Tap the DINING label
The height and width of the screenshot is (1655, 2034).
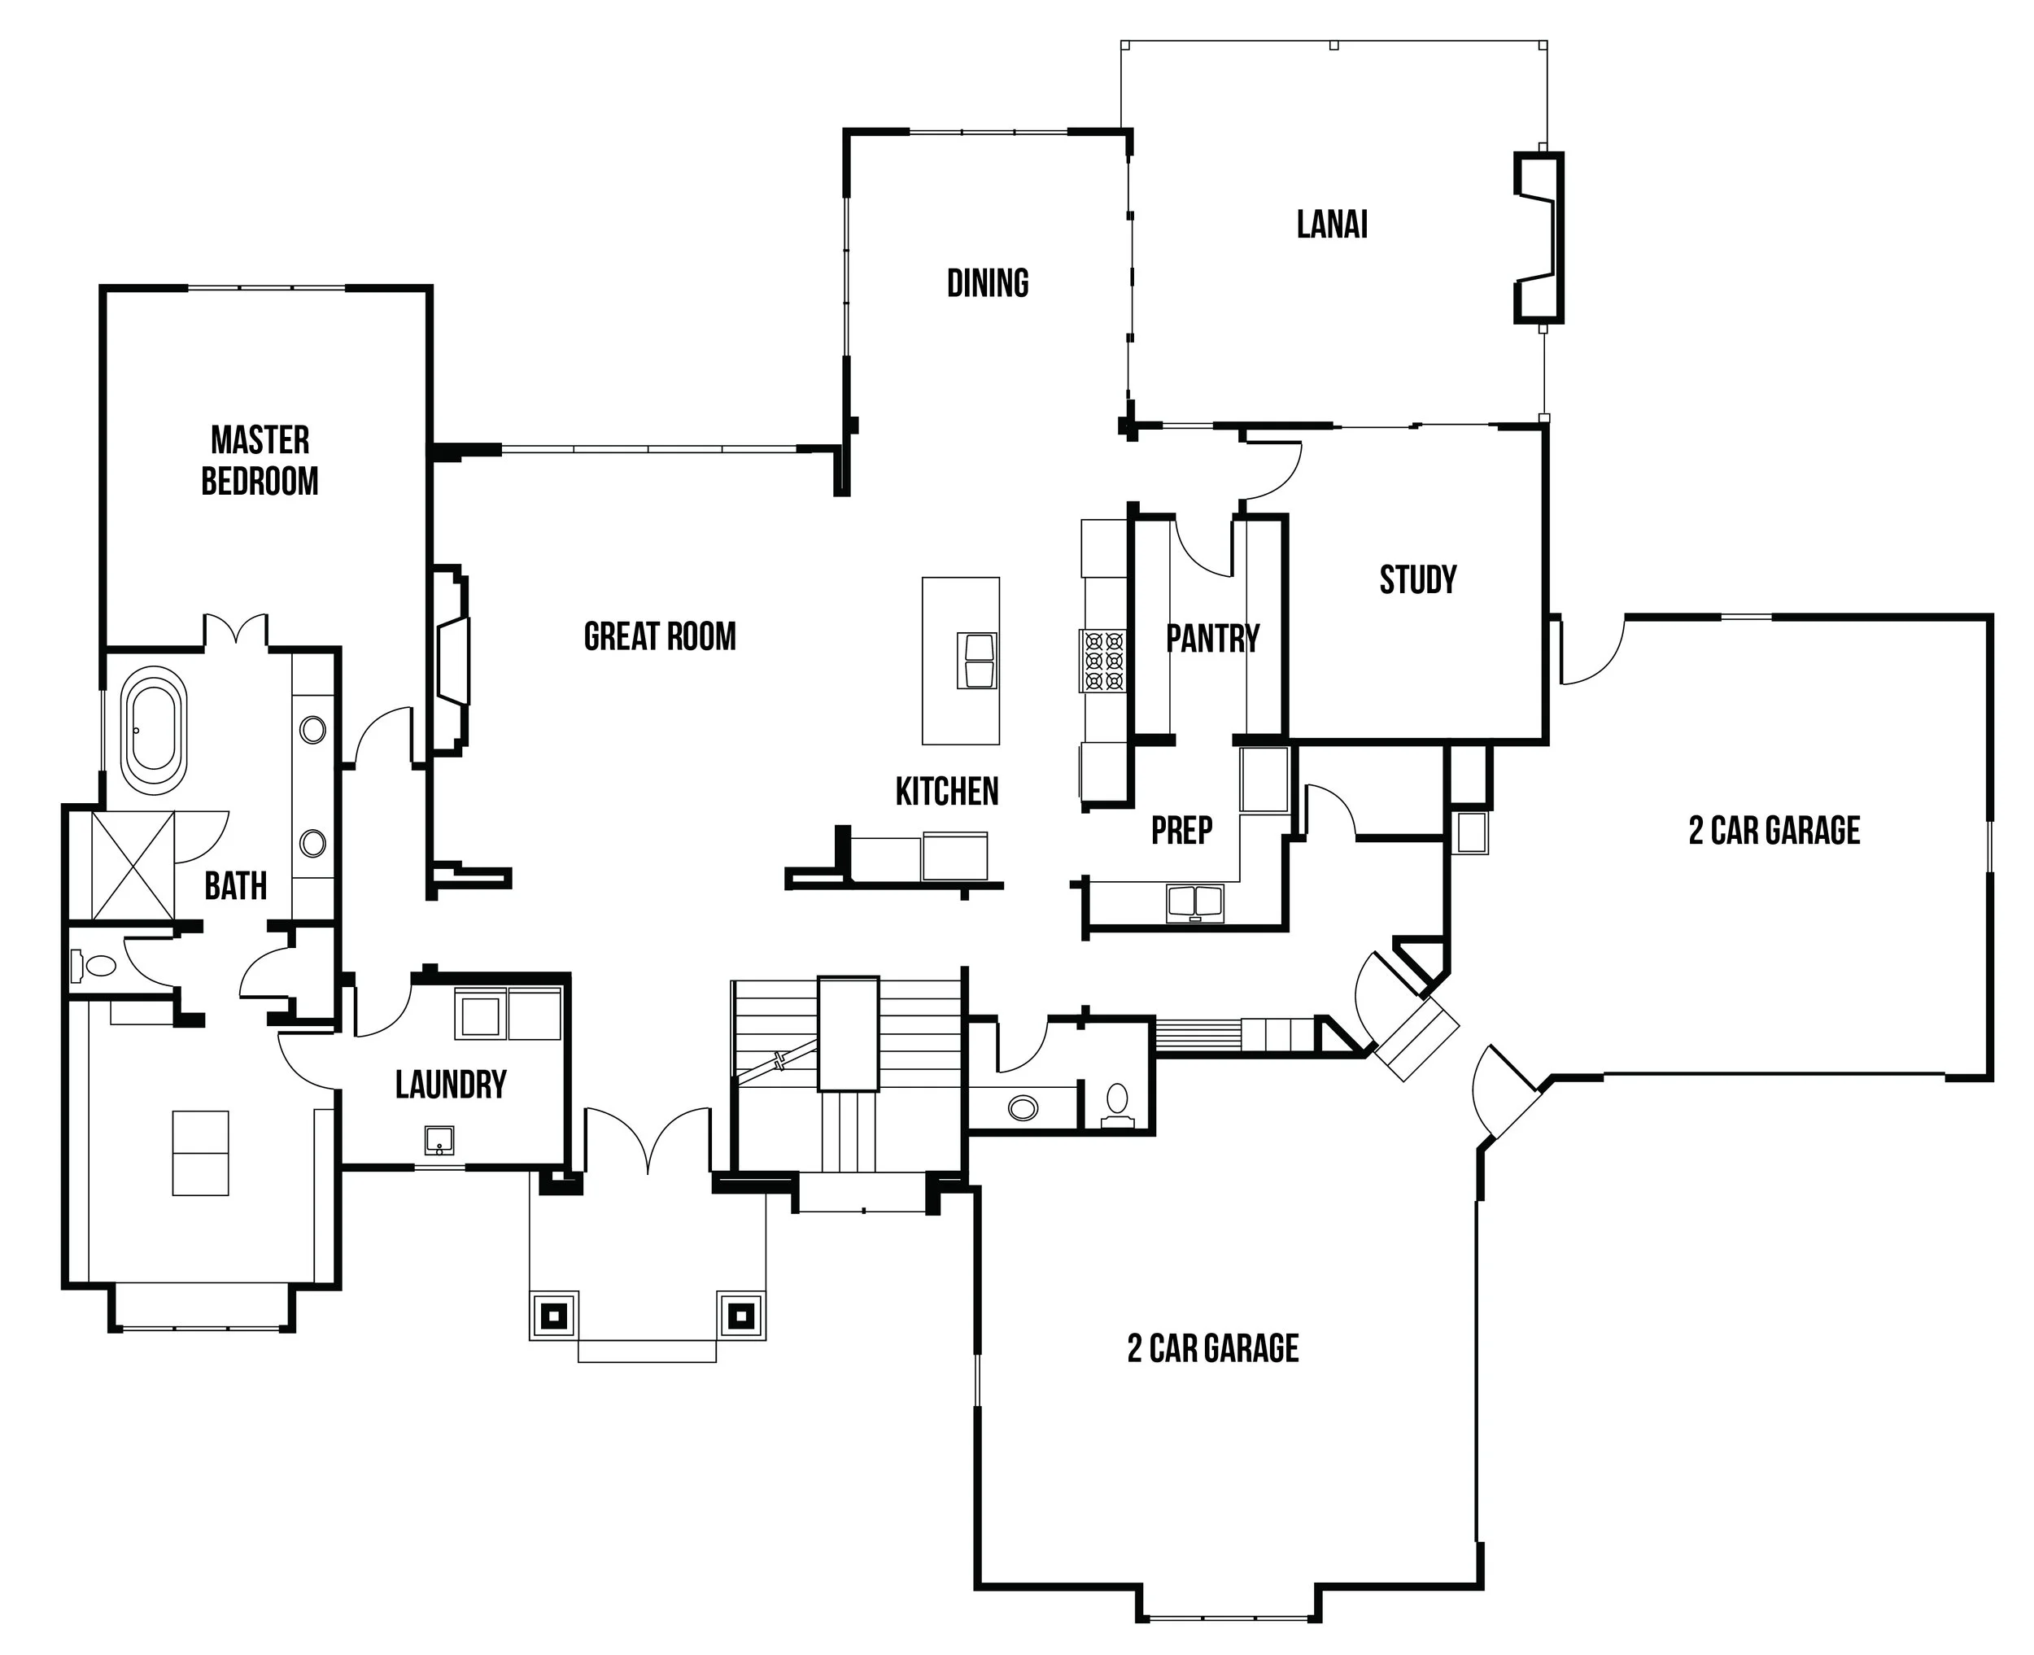[x=988, y=283]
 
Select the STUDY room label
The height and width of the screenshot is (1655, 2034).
[x=1418, y=579]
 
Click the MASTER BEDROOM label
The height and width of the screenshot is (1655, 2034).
[x=260, y=461]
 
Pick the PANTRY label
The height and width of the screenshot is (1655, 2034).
[x=1212, y=638]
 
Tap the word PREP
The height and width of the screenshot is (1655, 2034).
[x=1182, y=831]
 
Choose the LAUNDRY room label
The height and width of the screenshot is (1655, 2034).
[x=451, y=1085]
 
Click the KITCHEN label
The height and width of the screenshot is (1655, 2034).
[x=946, y=791]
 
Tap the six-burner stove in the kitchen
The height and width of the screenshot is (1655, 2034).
[x=1102, y=660]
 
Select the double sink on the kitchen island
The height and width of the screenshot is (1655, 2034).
[x=978, y=661]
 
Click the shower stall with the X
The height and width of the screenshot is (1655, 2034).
[x=133, y=867]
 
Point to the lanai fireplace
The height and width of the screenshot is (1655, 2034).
[x=1539, y=238]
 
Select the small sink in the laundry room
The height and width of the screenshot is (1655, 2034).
[x=439, y=1140]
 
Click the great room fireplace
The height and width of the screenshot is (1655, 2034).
[x=452, y=661]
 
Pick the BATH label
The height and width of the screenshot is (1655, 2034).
[x=235, y=887]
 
